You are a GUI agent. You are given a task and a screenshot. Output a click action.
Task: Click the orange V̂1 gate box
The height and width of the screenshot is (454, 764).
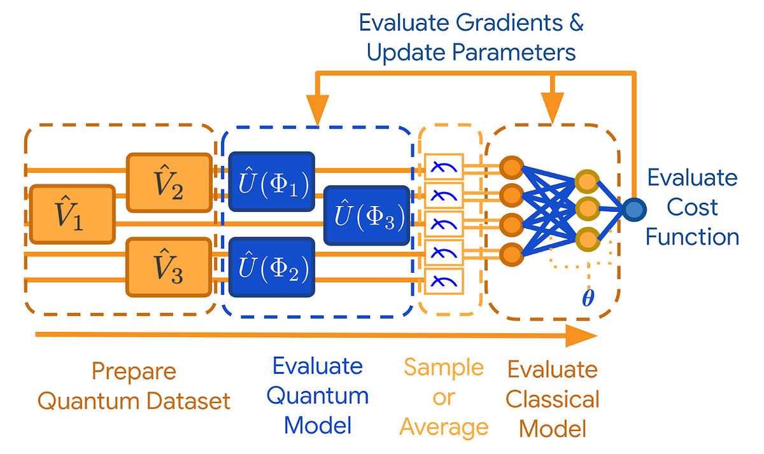72,214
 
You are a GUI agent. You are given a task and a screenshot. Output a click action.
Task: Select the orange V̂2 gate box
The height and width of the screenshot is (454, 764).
169,182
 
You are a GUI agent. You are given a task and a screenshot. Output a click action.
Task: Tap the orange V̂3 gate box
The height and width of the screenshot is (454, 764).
169,266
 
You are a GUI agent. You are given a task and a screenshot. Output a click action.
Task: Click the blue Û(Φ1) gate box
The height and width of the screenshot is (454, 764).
272,182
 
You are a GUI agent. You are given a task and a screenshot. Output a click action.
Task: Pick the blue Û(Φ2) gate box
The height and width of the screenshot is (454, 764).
272,266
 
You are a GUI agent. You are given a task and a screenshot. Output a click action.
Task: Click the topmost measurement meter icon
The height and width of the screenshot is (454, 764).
444,167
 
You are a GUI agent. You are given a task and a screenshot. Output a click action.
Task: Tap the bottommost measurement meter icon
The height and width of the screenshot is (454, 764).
444,280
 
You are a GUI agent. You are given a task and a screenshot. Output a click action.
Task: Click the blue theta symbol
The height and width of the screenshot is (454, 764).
589,298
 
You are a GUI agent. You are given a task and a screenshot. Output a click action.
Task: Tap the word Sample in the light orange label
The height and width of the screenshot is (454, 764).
444,367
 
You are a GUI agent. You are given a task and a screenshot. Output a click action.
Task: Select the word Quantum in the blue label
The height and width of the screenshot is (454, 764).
317,395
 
